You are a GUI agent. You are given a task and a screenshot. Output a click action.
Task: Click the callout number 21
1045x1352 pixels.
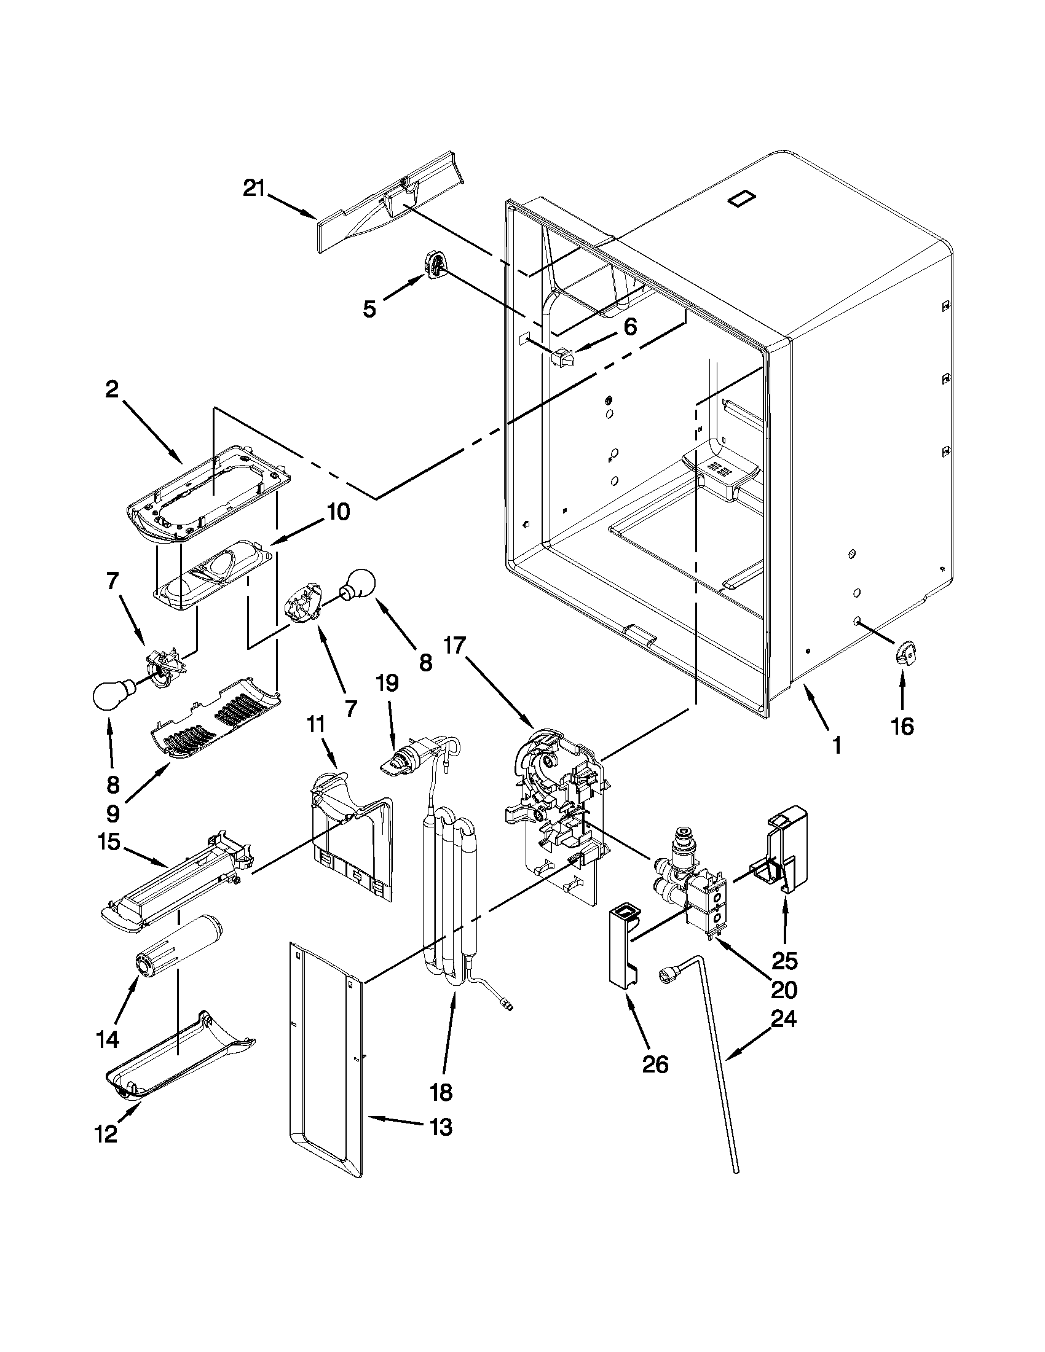tap(253, 188)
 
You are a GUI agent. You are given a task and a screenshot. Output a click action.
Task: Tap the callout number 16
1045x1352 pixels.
tap(902, 727)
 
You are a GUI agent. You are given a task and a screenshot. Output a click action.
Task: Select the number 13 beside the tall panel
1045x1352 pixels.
tap(440, 1127)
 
